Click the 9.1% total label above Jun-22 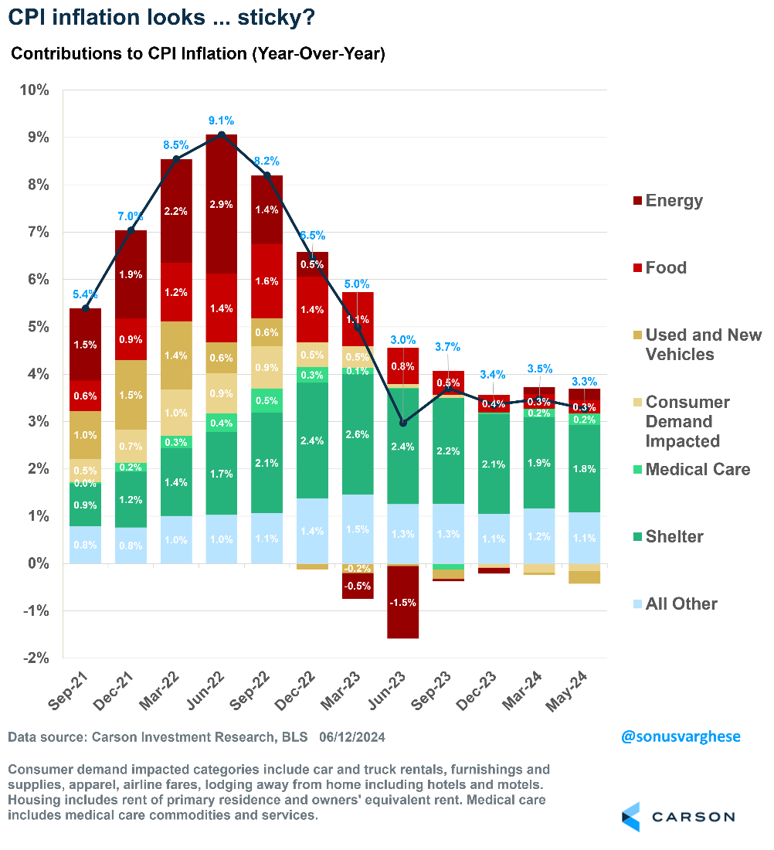click(x=221, y=121)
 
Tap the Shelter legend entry click(x=674, y=537)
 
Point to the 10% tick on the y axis click(x=33, y=90)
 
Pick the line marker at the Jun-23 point click(x=403, y=423)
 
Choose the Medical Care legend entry click(x=698, y=470)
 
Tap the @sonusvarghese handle click(x=681, y=736)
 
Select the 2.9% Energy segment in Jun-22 click(x=221, y=204)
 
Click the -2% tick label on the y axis click(x=33, y=658)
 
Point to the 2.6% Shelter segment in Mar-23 click(x=358, y=434)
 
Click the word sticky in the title click(x=266, y=16)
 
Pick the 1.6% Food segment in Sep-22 click(x=266, y=280)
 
